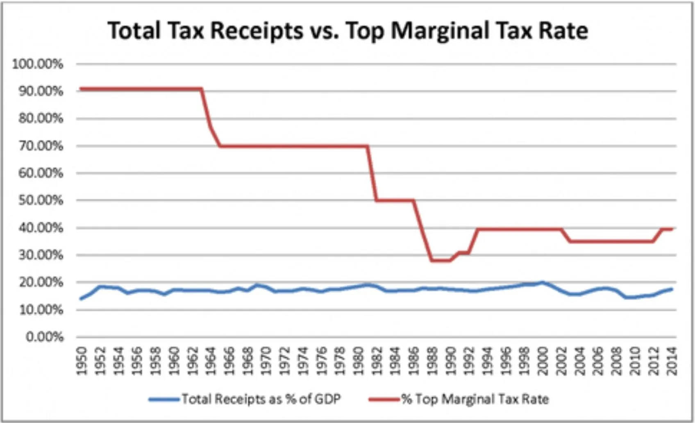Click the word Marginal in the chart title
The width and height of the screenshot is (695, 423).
(x=440, y=31)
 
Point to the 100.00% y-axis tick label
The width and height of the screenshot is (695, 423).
(x=38, y=64)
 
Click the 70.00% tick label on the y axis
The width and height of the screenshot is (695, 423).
(x=40, y=146)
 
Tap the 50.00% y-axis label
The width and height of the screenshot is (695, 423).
(x=40, y=200)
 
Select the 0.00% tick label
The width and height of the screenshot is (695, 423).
(x=44, y=337)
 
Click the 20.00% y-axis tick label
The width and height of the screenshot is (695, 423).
(x=40, y=282)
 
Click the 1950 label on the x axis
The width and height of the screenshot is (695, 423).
(x=82, y=361)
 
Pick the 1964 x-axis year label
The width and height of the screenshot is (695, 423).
(x=211, y=361)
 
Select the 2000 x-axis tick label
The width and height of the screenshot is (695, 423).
(x=542, y=361)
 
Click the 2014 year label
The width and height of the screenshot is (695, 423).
(x=671, y=361)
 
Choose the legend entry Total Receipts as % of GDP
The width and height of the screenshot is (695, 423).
(x=261, y=399)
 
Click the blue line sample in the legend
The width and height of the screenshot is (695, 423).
(x=164, y=399)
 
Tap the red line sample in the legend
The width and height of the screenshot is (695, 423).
(x=384, y=399)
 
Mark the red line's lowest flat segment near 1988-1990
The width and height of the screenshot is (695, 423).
(x=441, y=260)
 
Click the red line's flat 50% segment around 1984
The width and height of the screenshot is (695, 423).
(x=395, y=200)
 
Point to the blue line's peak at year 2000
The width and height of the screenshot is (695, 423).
(x=542, y=282)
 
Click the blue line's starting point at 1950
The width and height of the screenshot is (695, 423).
(x=81, y=299)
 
